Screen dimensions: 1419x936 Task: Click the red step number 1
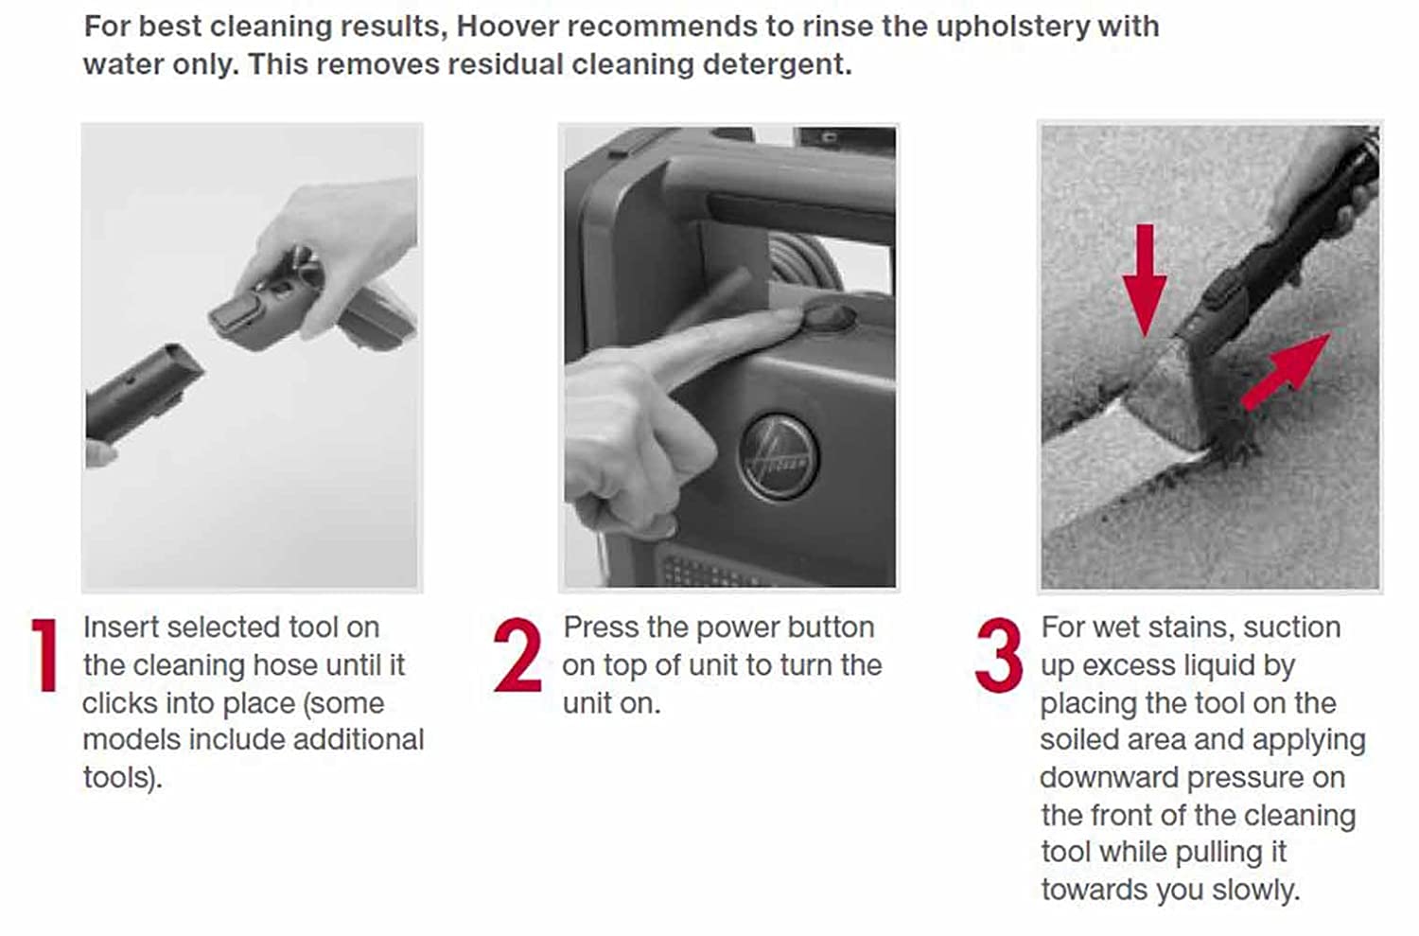[x=44, y=655]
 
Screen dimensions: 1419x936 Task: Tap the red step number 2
[x=517, y=655]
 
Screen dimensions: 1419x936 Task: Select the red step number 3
[x=999, y=655]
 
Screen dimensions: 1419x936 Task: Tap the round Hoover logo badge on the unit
[x=778, y=457]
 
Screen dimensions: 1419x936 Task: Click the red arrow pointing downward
[x=1145, y=279]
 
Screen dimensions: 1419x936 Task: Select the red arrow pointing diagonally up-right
[x=1285, y=372]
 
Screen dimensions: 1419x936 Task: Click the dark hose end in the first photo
[x=143, y=393]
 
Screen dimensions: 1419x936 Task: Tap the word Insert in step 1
[x=120, y=628]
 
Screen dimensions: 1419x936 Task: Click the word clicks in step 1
[x=120, y=703]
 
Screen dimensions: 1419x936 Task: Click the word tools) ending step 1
[x=123, y=778]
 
